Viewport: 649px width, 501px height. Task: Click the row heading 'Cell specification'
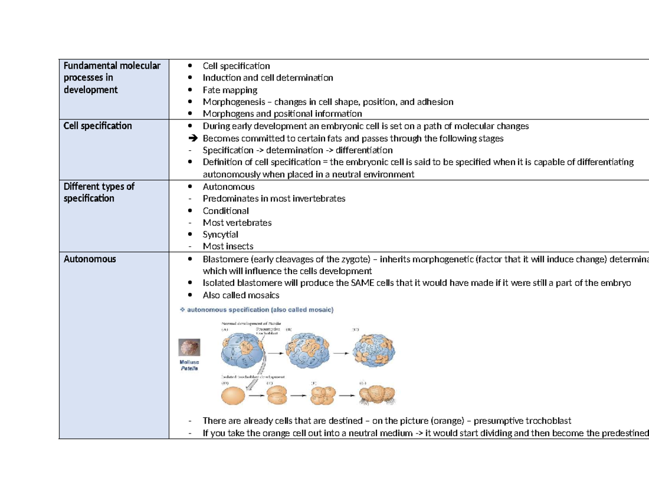coord(97,126)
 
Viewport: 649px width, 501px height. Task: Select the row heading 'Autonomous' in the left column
coord(89,259)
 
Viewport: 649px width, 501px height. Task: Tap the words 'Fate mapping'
coord(230,90)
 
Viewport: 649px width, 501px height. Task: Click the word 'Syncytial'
coord(220,235)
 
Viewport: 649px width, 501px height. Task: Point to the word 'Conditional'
coord(226,211)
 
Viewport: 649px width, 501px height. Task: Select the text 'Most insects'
coord(228,246)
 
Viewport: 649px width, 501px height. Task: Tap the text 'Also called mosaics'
coord(241,295)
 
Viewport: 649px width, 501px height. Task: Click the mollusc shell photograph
coord(190,347)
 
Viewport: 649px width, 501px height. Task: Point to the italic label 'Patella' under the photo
coord(190,369)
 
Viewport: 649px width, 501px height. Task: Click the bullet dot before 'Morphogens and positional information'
coord(189,114)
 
